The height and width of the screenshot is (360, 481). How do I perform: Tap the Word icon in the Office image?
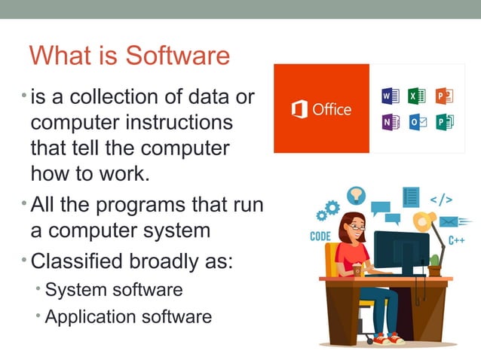point(390,96)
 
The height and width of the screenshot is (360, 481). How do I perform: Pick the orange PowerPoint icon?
point(444,96)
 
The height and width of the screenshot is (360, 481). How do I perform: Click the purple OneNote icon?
point(390,121)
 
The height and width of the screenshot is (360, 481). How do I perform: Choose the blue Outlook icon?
point(417,121)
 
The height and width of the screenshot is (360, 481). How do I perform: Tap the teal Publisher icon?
point(444,121)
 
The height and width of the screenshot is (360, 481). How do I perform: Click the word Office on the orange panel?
point(332,109)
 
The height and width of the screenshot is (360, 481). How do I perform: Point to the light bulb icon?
point(354,195)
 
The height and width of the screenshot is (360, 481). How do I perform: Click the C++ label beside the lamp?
point(456,240)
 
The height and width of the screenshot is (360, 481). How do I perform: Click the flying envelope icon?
point(449,222)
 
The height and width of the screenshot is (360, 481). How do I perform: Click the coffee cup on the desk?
point(357,269)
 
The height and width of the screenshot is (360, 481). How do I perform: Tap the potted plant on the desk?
point(434,267)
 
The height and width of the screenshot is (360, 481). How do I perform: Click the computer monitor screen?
point(400,249)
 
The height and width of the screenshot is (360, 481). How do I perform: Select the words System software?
point(114,289)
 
